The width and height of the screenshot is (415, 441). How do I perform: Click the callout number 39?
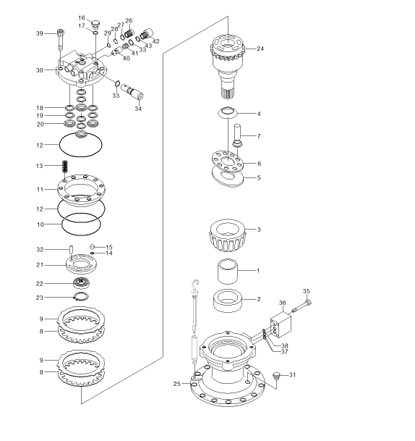point(40,33)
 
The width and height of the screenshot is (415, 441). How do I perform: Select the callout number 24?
point(260,49)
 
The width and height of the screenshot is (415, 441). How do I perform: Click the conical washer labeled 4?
point(228,112)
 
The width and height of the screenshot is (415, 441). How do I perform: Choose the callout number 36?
point(283,303)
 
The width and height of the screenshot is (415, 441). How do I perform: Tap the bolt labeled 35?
point(301,306)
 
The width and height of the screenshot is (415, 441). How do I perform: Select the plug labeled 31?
point(277,376)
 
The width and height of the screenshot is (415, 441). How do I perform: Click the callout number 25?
point(177,384)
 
